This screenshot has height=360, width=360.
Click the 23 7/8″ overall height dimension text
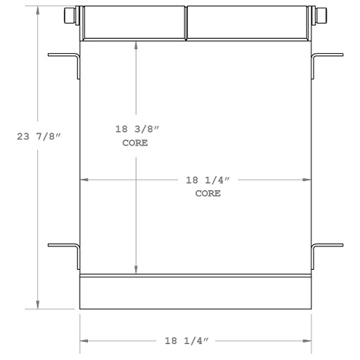38,136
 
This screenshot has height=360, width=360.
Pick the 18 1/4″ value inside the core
208,180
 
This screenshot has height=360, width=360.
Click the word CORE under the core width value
208,193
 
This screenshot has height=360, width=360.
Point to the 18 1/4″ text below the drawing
196,342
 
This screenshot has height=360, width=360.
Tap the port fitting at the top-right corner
321,16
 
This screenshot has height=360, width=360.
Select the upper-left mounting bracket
66,64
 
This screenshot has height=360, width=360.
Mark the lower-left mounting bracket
66,253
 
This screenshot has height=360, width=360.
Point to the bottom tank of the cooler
196,293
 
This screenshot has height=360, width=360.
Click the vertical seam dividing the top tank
186,23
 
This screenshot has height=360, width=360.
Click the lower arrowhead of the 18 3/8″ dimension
136,270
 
